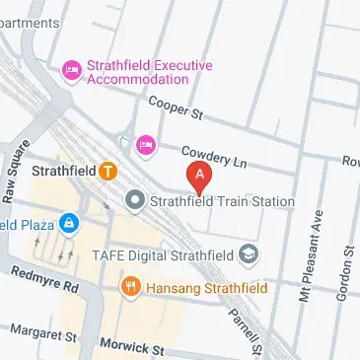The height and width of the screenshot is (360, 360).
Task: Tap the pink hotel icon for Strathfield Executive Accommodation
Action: tap(70, 69)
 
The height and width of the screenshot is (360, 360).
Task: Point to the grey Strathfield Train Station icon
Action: tap(135, 201)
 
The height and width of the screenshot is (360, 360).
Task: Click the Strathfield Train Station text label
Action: tap(221, 201)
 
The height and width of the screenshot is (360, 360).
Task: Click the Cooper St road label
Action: tap(175, 108)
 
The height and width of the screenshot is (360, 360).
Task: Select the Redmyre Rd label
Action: tap(43, 280)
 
